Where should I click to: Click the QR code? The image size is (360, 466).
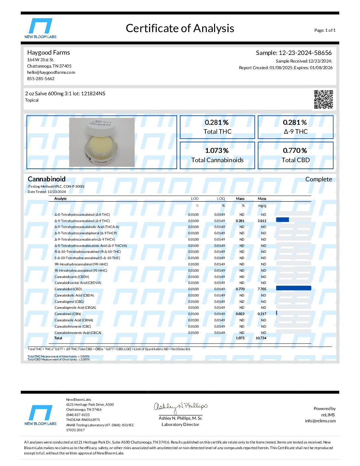tap(323, 99)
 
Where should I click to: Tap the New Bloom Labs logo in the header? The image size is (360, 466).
tap(40, 28)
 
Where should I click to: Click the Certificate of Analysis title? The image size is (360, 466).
tap(180, 28)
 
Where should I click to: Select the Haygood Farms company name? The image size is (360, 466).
tap(48, 52)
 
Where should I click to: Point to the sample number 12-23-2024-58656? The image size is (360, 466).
tap(305, 53)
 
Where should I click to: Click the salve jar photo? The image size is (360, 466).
tap(102, 142)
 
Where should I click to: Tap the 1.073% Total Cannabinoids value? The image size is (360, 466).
tap(217, 151)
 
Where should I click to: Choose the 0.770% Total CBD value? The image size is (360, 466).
tap(295, 151)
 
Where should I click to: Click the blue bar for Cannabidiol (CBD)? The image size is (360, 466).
tap(293, 288)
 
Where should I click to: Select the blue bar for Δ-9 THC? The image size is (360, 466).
tap(282, 220)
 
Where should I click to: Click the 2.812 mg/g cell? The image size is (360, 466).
tap(262, 221)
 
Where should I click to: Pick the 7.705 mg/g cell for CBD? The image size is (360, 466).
tap(262, 289)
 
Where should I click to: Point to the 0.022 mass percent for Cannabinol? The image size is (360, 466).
tap(240, 314)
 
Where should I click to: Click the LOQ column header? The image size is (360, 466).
tap(221, 199)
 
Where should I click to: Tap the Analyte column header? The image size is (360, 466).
tap(61, 199)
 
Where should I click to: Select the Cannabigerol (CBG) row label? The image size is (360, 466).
tap(69, 302)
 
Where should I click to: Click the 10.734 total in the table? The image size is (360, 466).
tap(261, 338)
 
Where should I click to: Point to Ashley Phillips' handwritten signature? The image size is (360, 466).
tap(180, 407)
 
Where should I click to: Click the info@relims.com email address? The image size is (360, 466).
tap(320, 421)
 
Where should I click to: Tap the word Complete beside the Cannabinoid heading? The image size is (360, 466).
tap(318, 179)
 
